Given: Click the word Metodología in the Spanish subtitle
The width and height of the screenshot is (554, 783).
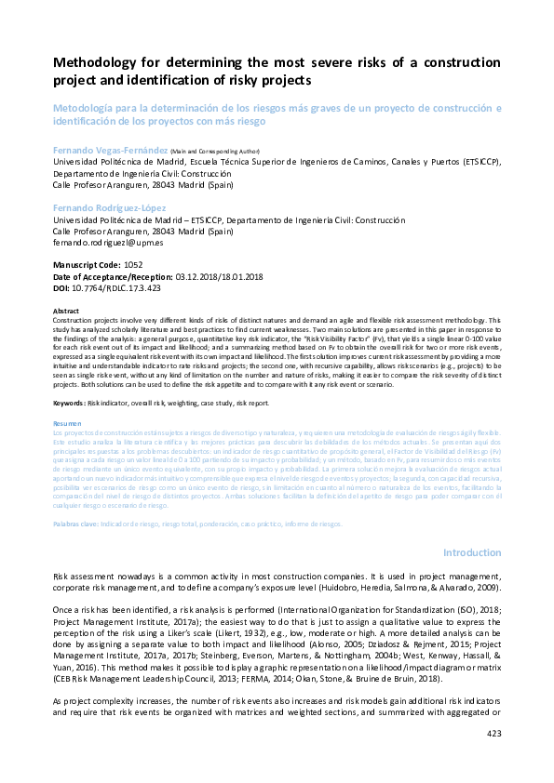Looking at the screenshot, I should click(x=87, y=108).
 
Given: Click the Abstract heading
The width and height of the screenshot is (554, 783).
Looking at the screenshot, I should click(x=66, y=311).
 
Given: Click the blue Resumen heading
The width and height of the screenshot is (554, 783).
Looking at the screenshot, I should click(x=68, y=423).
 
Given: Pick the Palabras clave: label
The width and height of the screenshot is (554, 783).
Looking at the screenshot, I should click(x=75, y=524).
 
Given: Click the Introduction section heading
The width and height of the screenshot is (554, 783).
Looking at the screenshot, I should click(x=472, y=552).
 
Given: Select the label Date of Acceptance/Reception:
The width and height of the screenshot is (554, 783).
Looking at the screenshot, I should click(x=113, y=276).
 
